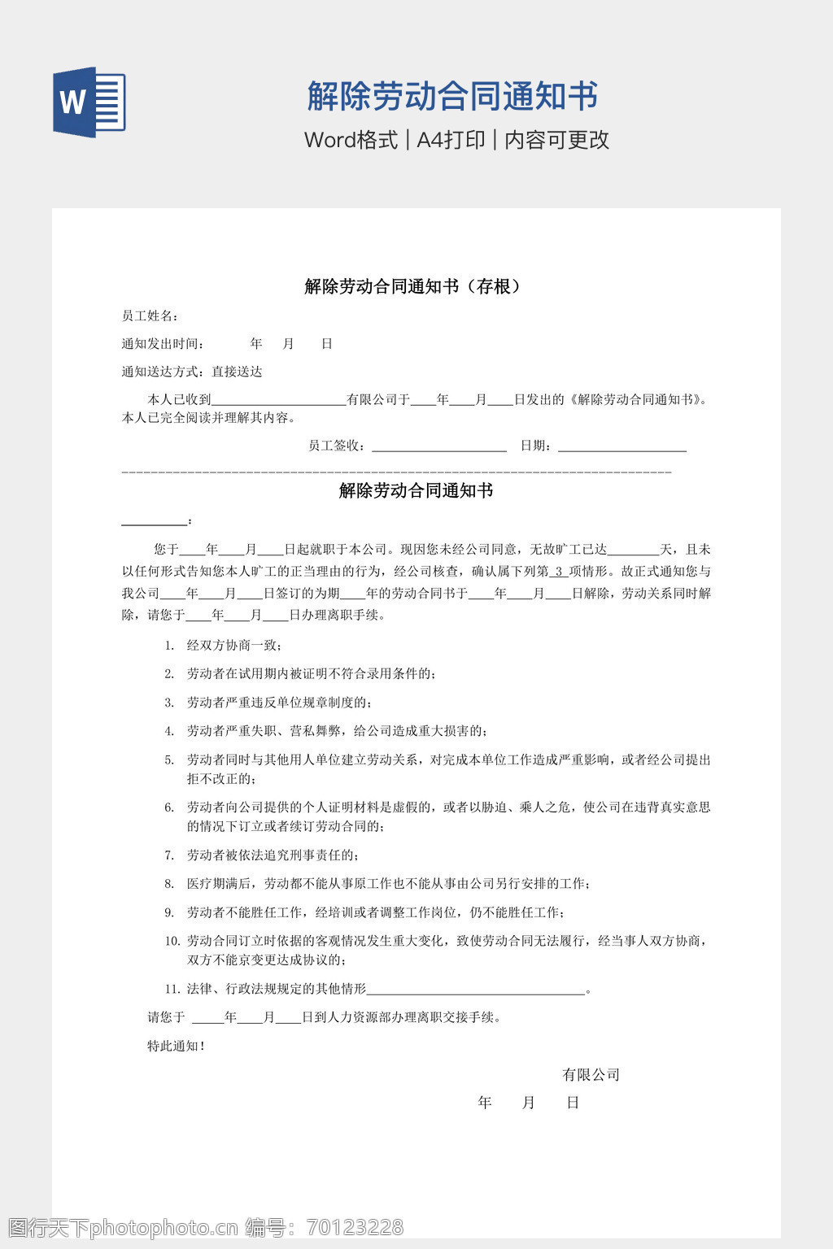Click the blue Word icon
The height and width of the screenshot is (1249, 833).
tap(89, 102)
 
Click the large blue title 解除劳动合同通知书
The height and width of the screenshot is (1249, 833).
tap(452, 97)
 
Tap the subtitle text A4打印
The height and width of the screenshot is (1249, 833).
tap(451, 140)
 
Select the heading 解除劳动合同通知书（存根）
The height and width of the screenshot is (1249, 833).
tap(416, 286)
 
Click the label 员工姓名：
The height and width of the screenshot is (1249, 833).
tap(150, 316)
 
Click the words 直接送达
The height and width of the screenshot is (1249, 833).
tap(237, 372)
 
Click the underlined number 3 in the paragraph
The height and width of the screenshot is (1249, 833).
tap(559, 572)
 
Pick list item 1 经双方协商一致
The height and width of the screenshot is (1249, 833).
tap(234, 646)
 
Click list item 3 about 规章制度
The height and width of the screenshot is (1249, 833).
tap(278, 703)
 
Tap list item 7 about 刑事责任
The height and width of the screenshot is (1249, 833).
tap(273, 855)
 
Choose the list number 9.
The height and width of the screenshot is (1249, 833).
tap(169, 912)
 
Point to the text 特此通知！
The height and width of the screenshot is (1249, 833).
tap(176, 1047)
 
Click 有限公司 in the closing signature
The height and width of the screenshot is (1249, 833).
tap(591, 1075)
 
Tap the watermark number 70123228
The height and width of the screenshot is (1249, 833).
tap(355, 1227)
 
